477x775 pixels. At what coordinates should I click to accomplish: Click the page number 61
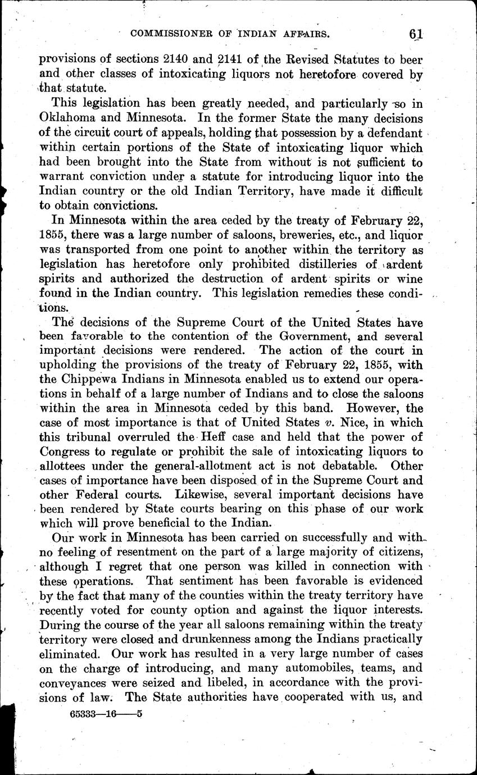[x=416, y=34]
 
